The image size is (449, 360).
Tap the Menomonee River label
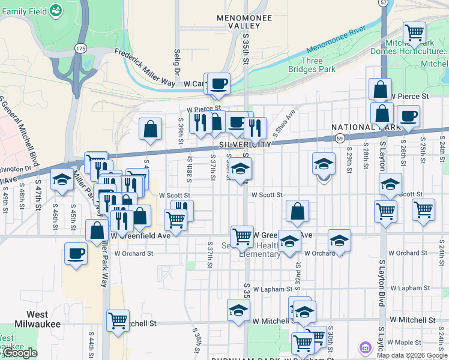pos(336,40)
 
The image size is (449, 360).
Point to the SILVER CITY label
pos(246,145)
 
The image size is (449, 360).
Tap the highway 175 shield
pos(81,47)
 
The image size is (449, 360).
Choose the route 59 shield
pos(340,139)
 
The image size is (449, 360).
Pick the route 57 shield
pos(384,4)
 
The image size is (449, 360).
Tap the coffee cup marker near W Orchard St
pos(76,253)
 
